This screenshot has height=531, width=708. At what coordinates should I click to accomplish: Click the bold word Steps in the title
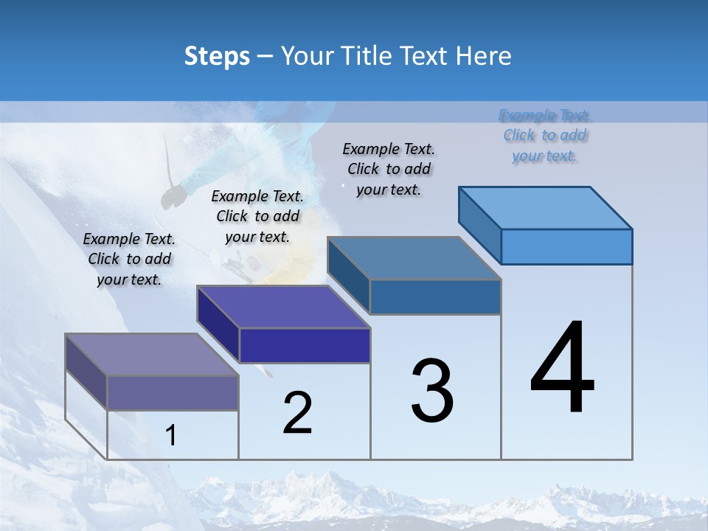point(217,56)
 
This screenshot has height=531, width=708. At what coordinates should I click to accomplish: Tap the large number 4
point(562,369)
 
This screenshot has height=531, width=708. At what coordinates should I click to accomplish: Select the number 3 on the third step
point(432,391)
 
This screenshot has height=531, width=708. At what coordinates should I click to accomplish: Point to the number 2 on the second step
point(297,413)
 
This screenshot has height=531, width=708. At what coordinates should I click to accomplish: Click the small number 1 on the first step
point(171,435)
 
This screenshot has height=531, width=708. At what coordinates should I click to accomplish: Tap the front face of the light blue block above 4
point(566,246)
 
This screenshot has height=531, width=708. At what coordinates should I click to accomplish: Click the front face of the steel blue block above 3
point(435,297)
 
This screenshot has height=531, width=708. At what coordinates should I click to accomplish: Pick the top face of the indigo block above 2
point(283,307)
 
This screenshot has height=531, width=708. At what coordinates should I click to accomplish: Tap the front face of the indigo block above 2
point(305,345)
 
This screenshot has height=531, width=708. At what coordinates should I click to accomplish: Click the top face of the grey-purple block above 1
point(152,355)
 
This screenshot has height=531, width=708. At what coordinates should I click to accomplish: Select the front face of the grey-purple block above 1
point(173,392)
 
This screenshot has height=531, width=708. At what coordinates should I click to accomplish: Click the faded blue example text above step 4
point(545,136)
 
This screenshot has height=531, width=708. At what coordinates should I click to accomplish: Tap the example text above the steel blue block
point(389,170)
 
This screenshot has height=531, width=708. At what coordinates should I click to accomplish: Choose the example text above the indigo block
point(257,216)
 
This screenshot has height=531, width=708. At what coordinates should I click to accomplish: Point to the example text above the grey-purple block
point(129,259)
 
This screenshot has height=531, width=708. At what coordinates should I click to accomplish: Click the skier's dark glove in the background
point(175,195)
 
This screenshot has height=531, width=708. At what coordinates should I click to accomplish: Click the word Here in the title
point(484,56)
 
